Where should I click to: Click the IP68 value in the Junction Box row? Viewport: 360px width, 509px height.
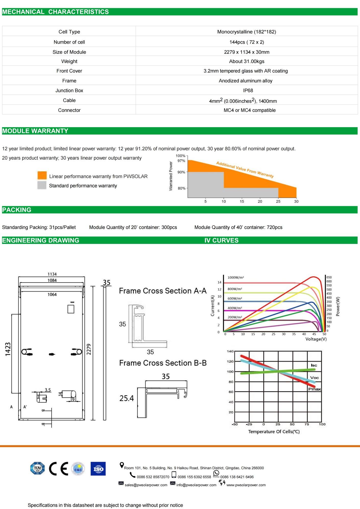click(248, 90)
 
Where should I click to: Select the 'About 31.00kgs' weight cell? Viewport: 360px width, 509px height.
click(247, 61)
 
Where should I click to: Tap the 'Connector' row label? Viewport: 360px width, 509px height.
click(69, 110)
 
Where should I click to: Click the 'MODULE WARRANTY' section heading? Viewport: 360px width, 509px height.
click(35, 131)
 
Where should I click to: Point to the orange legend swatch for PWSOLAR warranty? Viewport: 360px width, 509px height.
click(42, 175)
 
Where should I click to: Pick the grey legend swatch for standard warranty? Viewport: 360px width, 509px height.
click(42, 185)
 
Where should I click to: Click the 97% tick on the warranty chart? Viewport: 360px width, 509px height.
click(181, 161)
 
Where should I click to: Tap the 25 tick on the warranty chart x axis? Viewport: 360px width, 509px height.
click(278, 201)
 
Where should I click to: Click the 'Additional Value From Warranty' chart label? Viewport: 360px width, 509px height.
click(245, 169)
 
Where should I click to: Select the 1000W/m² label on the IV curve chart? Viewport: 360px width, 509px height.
click(235, 277)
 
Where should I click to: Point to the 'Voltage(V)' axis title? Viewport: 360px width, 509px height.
click(316, 339)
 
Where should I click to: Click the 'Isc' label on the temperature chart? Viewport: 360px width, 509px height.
click(314, 365)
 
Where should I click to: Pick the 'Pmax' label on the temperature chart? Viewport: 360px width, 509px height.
click(314, 389)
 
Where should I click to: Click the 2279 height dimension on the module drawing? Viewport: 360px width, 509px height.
click(89, 349)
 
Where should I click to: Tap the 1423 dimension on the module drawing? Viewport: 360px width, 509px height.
click(8, 349)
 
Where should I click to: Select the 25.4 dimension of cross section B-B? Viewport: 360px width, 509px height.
click(126, 398)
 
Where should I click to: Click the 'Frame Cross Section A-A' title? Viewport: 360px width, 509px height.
click(163, 291)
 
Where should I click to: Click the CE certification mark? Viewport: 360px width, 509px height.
click(58, 468)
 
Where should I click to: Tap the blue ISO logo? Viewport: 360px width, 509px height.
click(98, 468)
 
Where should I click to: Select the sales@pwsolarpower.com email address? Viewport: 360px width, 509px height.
click(146, 485)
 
